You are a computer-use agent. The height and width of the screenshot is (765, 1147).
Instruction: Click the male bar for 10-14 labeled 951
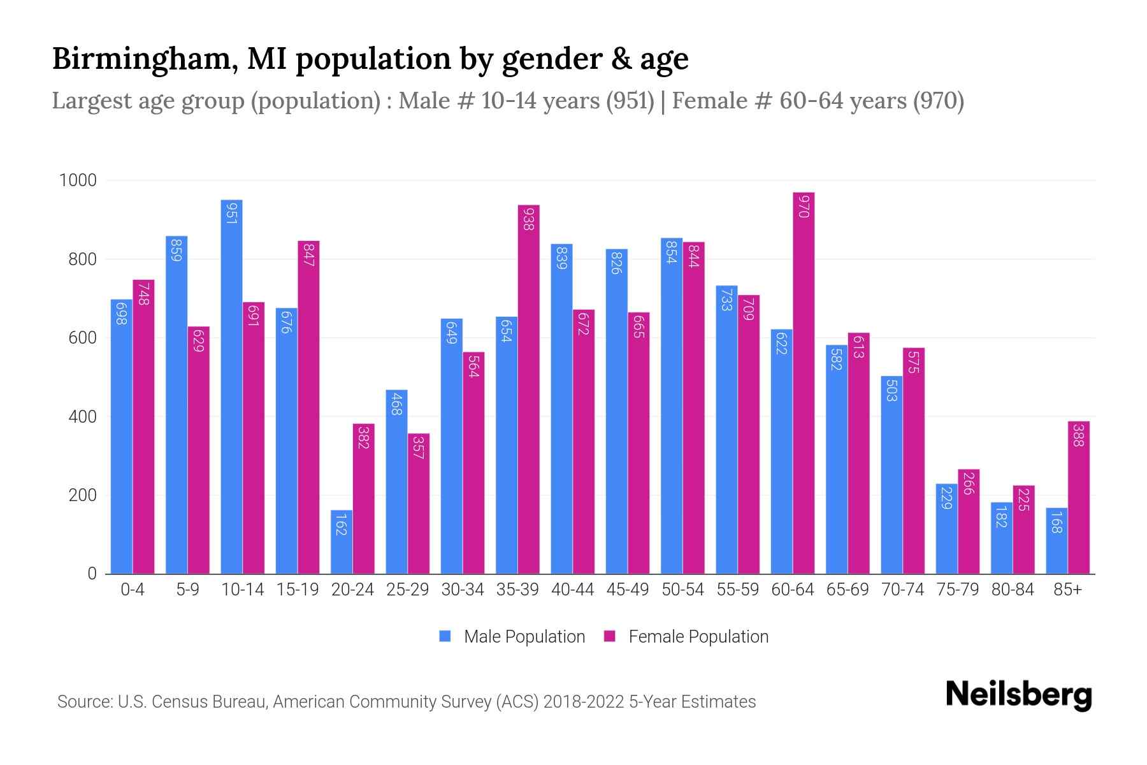coord(231,387)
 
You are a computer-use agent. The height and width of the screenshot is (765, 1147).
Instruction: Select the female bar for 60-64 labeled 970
coord(804,383)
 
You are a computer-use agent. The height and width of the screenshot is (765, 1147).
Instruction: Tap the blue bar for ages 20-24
coord(342,542)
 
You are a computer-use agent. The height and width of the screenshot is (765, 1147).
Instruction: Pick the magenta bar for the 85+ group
coord(1079,497)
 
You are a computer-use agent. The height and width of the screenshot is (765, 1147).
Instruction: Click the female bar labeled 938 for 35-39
coord(528,390)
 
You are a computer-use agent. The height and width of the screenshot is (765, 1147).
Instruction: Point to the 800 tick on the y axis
coord(82,259)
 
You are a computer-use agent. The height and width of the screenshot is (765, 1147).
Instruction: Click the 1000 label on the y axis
coord(78,180)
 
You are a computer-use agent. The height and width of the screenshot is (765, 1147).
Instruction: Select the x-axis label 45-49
coord(627,590)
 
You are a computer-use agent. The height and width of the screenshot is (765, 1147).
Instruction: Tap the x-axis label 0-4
coord(133,590)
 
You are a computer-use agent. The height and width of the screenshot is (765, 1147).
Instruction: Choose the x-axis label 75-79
coord(957,590)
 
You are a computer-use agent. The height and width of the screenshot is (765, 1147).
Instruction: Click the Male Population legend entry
coord(524,637)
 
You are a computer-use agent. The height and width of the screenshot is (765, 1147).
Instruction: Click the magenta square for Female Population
coord(610,636)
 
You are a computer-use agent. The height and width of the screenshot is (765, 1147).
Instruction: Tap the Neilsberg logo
coord(1018,695)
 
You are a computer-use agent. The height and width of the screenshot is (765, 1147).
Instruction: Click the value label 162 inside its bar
coord(341,524)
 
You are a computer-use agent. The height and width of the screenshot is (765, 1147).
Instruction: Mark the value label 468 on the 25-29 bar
coord(396,405)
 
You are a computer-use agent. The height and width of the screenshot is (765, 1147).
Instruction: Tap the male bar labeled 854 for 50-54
coord(672,406)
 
